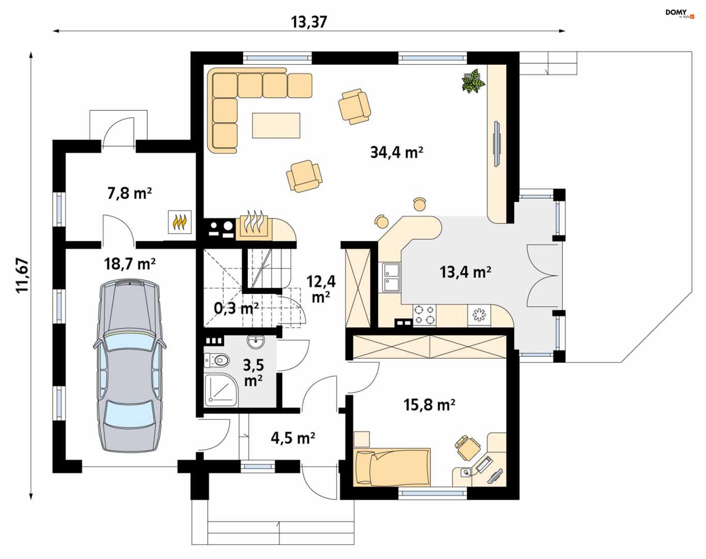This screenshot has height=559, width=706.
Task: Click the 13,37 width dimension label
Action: coord(309,22)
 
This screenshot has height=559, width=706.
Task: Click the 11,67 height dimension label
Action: coord(22,275)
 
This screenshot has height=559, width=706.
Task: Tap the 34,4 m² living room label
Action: coord(396,152)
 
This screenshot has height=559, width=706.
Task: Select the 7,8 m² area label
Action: coord(129,193)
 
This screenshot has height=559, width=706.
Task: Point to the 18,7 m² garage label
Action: coord(129,264)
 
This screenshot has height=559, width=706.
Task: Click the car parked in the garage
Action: coord(129,365)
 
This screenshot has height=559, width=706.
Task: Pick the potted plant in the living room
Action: coord(473,81)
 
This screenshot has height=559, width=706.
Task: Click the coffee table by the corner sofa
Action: coord(276,125)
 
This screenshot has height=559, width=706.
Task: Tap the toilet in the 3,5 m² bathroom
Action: coord(217,360)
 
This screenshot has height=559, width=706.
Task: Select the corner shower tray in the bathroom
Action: coord(221,390)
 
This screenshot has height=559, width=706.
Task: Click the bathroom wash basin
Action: coord(256,342)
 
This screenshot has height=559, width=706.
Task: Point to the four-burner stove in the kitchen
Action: coord(424,315)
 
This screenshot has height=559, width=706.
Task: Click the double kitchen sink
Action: coord(391,277)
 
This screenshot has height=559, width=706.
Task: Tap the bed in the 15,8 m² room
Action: coord(392,467)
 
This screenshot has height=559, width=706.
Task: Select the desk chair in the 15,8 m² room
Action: coord(467,447)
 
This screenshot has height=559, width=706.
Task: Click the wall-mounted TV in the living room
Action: coord(496,144)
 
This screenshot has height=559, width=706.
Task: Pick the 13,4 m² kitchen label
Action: coord(465,272)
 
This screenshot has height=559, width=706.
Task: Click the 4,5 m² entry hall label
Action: coord(293,438)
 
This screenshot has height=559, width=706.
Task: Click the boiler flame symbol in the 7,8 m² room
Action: coord(179,222)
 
